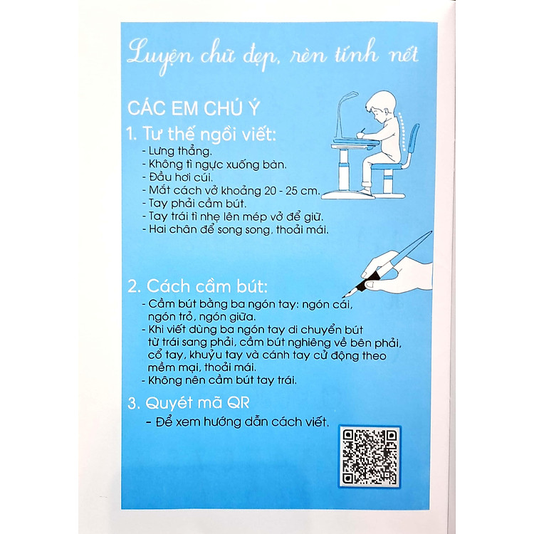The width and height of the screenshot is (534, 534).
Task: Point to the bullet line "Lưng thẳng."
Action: [x=169, y=152]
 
